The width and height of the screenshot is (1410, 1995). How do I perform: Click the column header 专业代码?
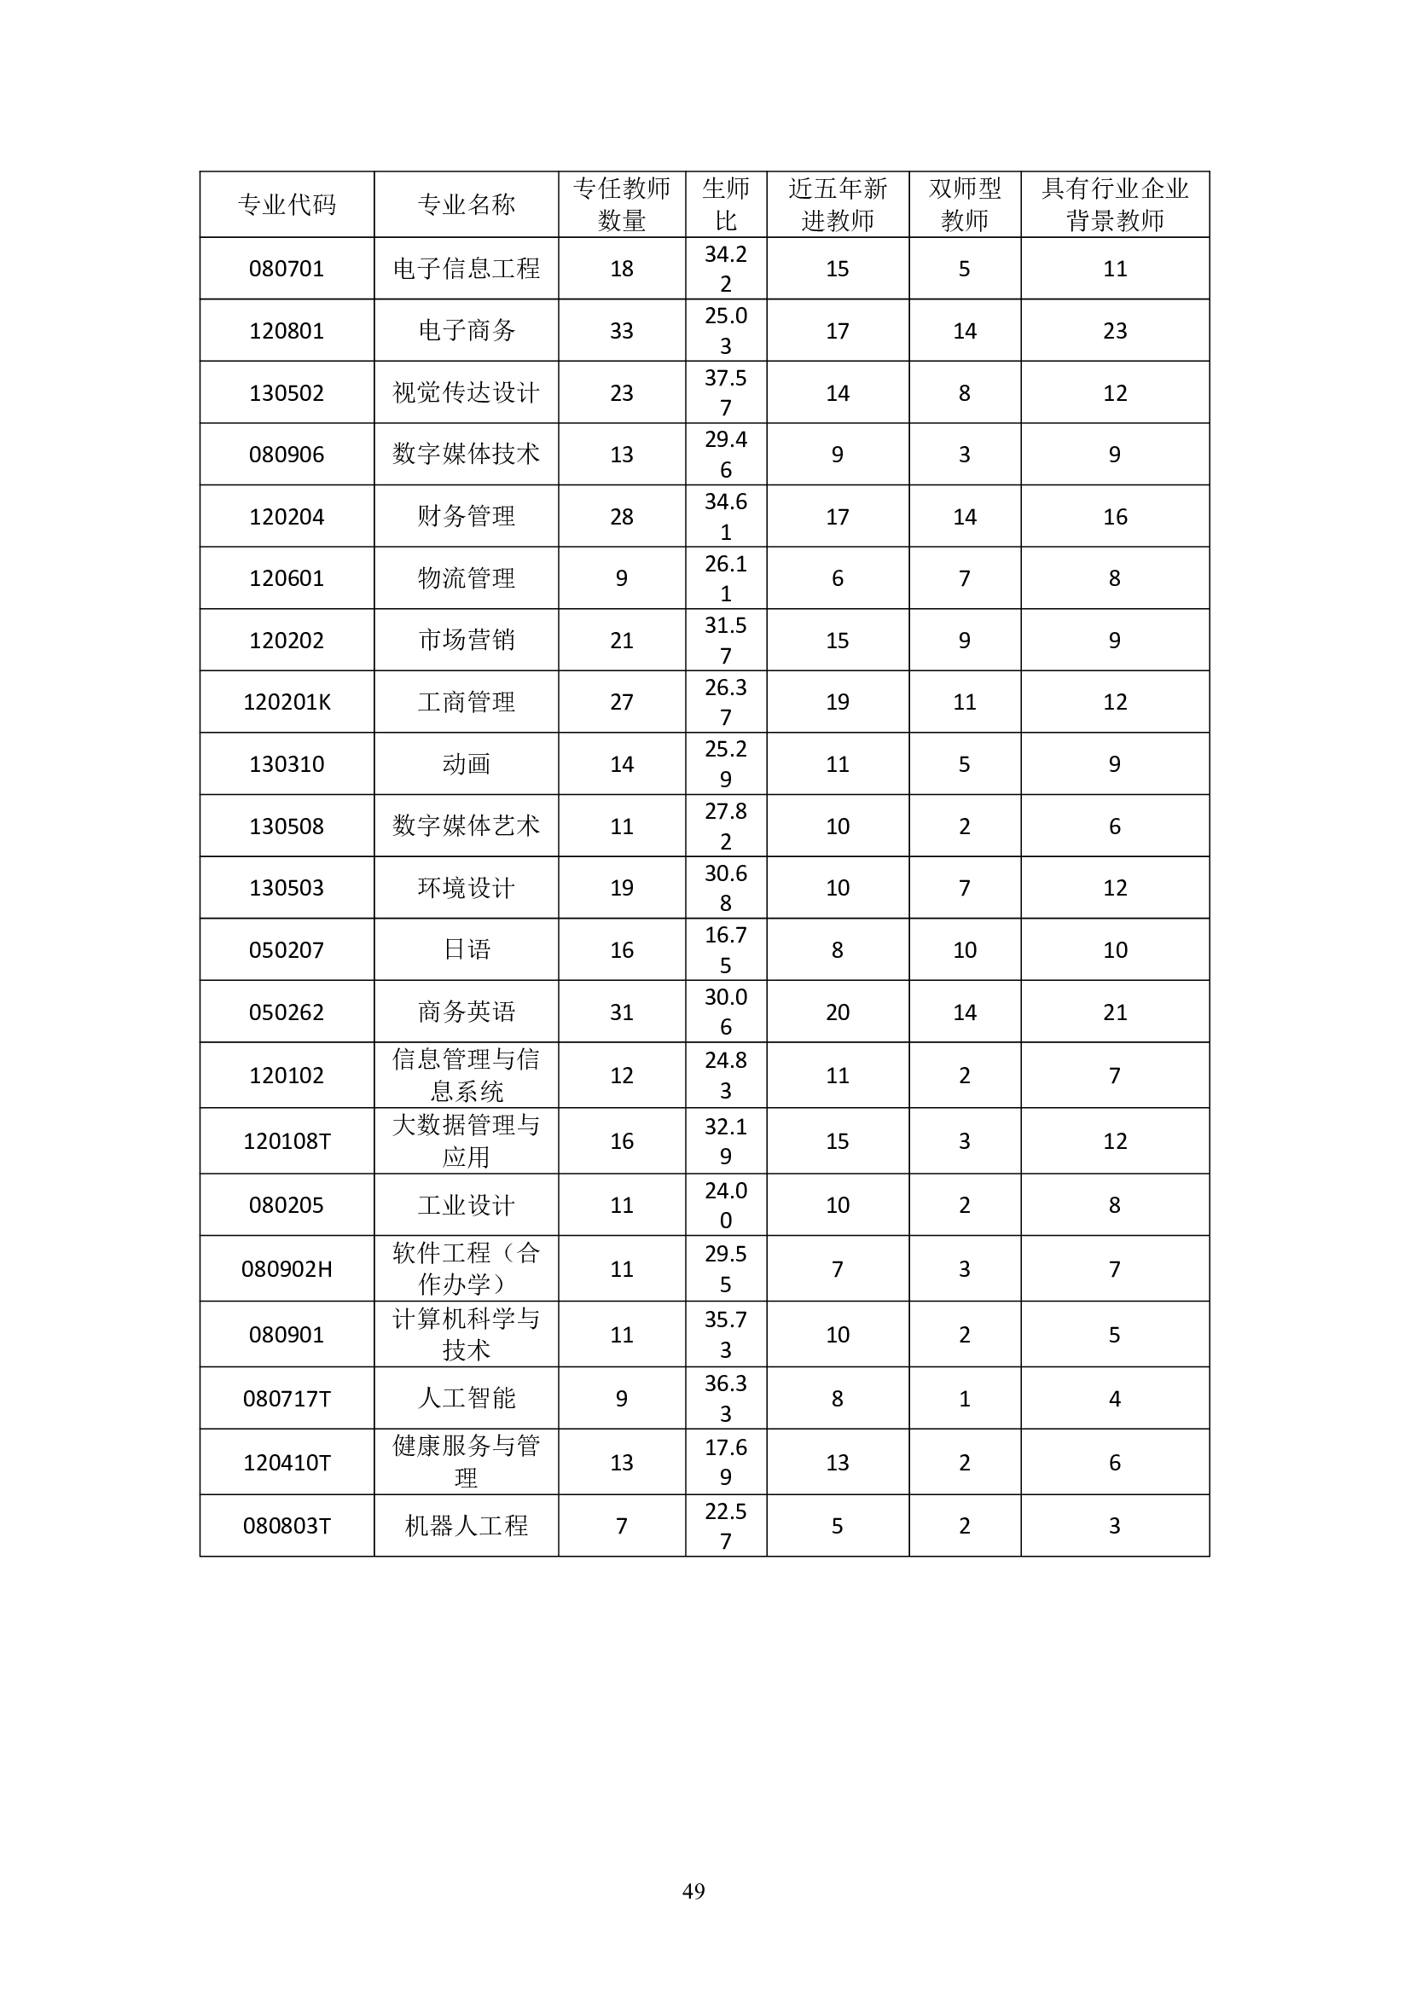pyautogui.click(x=286, y=204)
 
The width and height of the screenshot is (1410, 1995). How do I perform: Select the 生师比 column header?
pyautogui.click(x=725, y=204)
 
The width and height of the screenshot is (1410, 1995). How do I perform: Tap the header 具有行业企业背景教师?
pyautogui.click(x=1115, y=204)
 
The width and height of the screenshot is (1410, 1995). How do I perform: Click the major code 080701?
pyautogui.click(x=286, y=269)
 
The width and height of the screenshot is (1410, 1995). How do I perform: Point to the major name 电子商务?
pyautogui.click(x=467, y=330)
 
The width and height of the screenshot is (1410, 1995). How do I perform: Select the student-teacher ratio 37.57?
pyautogui.click(x=725, y=392)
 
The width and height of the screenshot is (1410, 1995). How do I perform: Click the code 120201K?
pyautogui.click(x=286, y=702)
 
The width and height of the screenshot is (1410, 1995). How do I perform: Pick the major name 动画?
pyautogui.click(x=467, y=763)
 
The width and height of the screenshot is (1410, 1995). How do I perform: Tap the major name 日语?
pyautogui.click(x=467, y=949)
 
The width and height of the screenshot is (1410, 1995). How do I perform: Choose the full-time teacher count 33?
pyautogui.click(x=621, y=330)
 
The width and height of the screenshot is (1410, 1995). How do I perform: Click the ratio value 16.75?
pyautogui.click(x=725, y=949)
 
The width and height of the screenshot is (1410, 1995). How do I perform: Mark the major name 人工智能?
pyautogui.click(x=467, y=1398)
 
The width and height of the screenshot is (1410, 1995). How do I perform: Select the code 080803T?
pyautogui.click(x=286, y=1526)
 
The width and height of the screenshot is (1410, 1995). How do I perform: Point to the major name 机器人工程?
pyautogui.click(x=467, y=1526)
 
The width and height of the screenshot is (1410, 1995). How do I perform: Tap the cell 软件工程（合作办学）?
pyautogui.click(x=467, y=1268)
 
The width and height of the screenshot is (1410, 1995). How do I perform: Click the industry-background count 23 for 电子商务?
pyautogui.click(x=1115, y=330)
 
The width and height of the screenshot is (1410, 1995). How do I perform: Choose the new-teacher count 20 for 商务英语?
pyautogui.click(x=837, y=1012)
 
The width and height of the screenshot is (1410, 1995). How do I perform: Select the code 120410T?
pyautogui.click(x=286, y=1463)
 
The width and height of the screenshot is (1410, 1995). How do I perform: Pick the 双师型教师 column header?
pyautogui.click(x=965, y=204)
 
